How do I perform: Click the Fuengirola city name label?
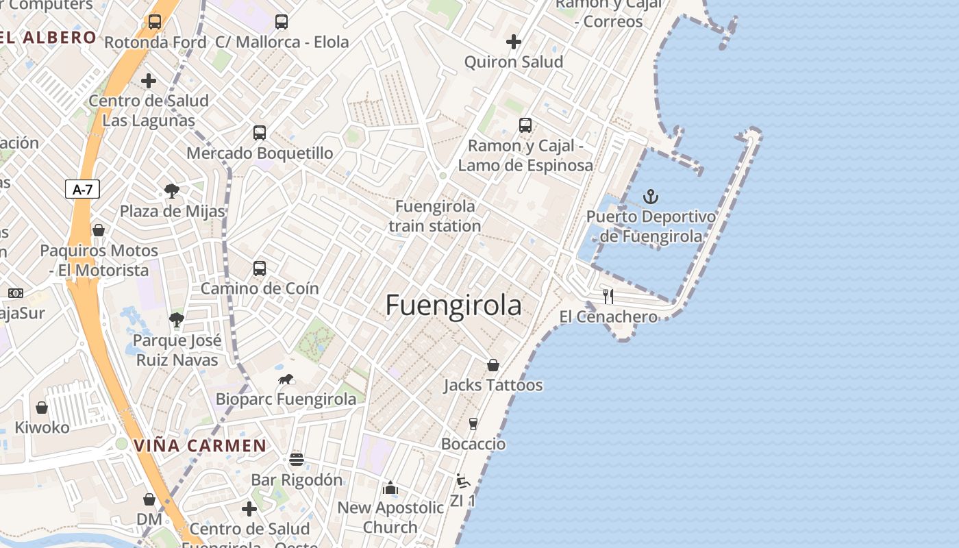click(x=453, y=306)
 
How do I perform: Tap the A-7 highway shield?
click(x=83, y=190)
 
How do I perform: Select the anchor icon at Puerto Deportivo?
click(x=650, y=197)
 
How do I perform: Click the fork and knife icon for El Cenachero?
click(x=608, y=297)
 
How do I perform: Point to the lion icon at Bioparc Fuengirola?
click(x=286, y=379)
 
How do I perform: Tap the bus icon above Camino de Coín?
click(x=260, y=268)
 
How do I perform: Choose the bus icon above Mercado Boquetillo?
click(x=260, y=132)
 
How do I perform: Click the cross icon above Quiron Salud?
click(x=514, y=42)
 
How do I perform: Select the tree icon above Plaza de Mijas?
click(x=172, y=191)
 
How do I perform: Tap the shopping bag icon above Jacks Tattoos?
click(x=493, y=365)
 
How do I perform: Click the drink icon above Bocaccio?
click(x=473, y=424)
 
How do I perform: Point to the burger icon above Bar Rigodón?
click(x=296, y=460)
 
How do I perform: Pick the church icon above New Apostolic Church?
click(x=390, y=488)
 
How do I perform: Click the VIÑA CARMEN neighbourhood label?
click(x=200, y=446)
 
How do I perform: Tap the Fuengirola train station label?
click(x=435, y=216)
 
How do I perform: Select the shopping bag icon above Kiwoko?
click(x=42, y=408)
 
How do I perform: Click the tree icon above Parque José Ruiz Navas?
click(x=177, y=319)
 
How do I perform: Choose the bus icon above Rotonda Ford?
click(x=155, y=22)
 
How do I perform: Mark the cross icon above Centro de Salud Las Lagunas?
click(x=149, y=81)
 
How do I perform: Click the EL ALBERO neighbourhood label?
click(x=48, y=38)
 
